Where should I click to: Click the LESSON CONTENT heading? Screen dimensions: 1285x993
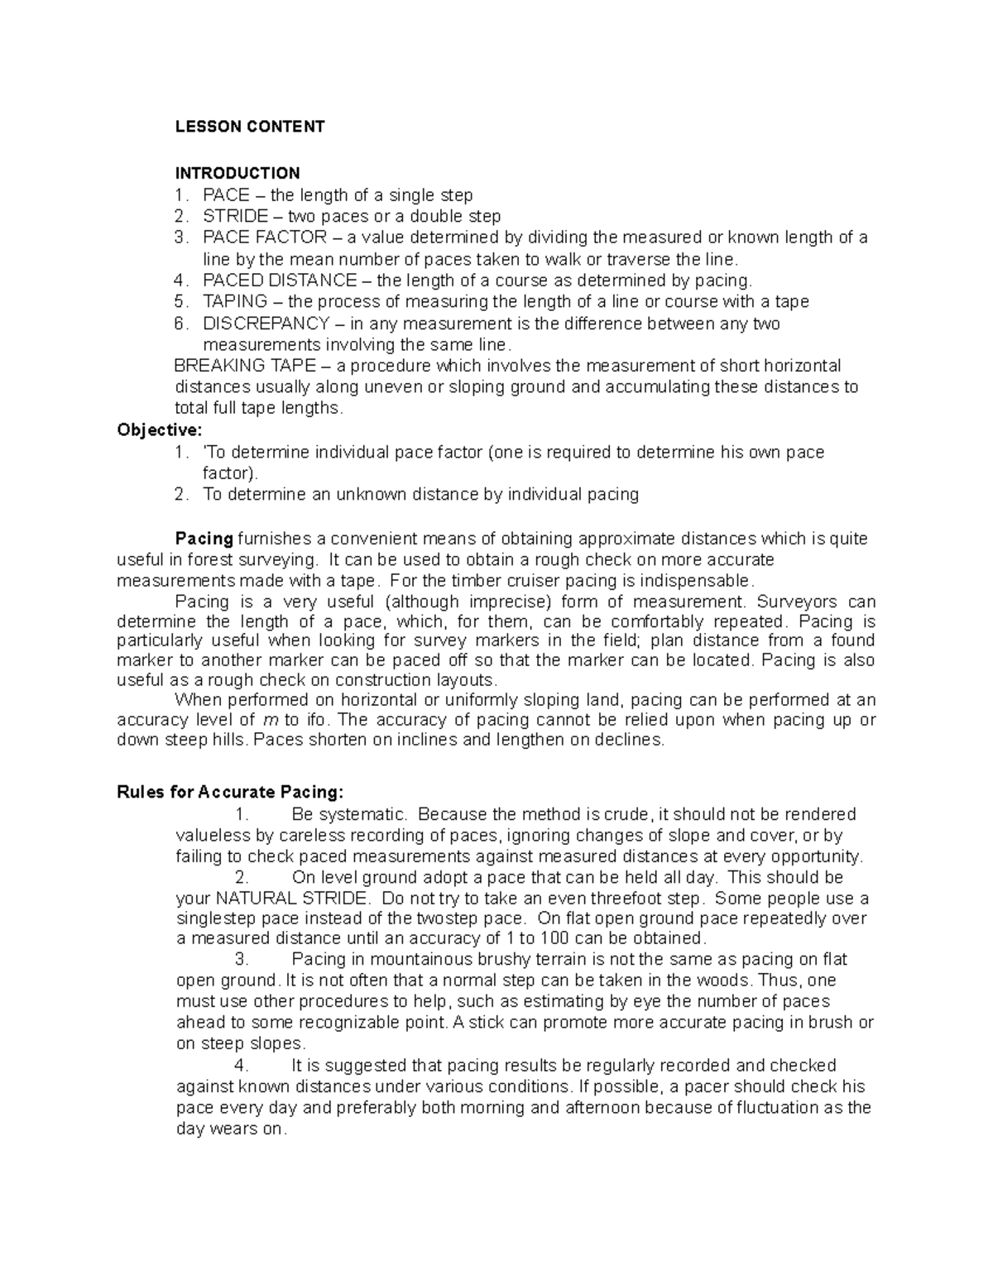pyautogui.click(x=249, y=127)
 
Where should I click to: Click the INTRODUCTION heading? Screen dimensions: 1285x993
pyautogui.click(x=237, y=173)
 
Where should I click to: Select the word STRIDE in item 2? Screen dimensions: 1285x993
pyautogui.click(x=235, y=217)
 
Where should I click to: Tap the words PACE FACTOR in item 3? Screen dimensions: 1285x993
pyautogui.click(x=265, y=238)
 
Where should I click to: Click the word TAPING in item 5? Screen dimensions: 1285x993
pyautogui.click(x=235, y=302)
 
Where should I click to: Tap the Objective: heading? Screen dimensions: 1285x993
pyautogui.click(x=159, y=430)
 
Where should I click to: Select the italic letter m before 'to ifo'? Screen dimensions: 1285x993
pyautogui.click(x=269, y=720)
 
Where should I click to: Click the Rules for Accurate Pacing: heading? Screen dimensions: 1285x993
pyautogui.click(x=229, y=793)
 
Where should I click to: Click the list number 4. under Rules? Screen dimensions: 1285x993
pyautogui.click(x=242, y=1066)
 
